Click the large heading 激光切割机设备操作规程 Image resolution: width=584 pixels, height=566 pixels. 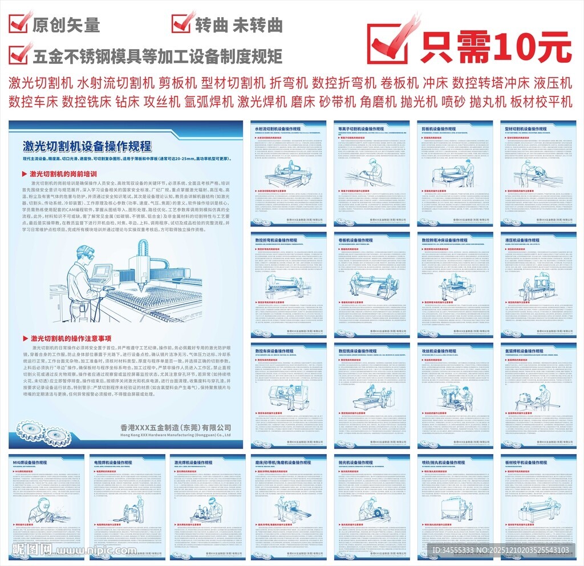87,146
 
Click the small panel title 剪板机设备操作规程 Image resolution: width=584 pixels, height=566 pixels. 441,129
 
